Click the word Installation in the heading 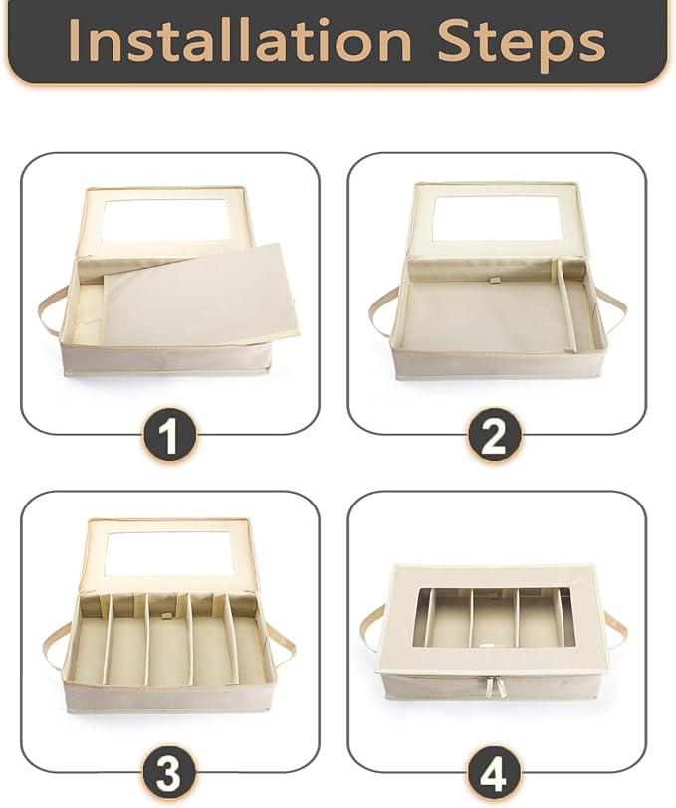click(x=240, y=40)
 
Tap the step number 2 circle click(x=494, y=436)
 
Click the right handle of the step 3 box click(x=283, y=651)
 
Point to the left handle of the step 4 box click(x=374, y=629)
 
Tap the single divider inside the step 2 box click(x=567, y=304)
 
